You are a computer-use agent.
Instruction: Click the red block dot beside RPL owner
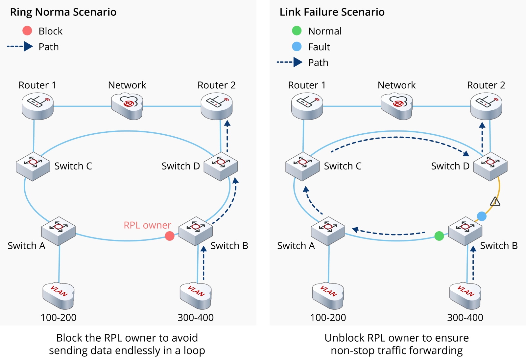170,236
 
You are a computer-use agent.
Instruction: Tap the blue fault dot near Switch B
482,216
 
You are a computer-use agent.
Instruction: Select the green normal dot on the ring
439,236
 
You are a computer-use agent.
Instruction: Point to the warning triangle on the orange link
495,201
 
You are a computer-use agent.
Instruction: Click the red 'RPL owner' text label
147,225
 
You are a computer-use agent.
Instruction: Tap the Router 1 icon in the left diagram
38,106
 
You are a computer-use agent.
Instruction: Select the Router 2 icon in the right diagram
486,106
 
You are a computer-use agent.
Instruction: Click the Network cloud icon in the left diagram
127,106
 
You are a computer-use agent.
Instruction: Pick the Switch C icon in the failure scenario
302,166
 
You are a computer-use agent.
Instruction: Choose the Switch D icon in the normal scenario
221,166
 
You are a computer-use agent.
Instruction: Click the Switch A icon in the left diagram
59,231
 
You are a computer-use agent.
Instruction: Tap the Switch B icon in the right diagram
465,231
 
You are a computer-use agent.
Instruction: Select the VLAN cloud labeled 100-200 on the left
59,295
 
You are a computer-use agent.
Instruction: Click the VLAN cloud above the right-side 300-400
465,295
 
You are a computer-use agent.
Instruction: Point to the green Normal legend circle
297,31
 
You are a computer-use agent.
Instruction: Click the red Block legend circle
27,31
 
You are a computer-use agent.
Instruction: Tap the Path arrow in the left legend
20,47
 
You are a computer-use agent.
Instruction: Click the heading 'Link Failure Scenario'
332,12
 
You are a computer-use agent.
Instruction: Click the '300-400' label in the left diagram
196,317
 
